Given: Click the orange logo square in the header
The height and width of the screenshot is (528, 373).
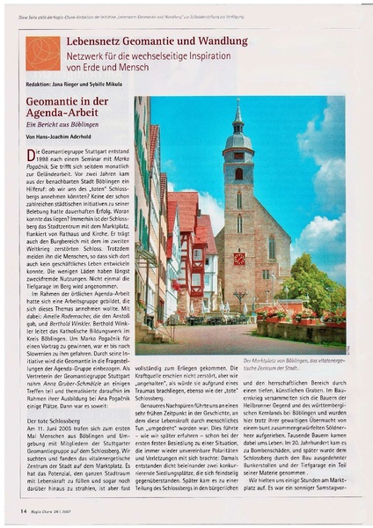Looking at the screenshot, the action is (42, 53).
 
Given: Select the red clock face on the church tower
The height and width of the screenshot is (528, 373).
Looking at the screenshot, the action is (239, 259).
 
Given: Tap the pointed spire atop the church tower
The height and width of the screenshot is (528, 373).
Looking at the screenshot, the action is (238, 114).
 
